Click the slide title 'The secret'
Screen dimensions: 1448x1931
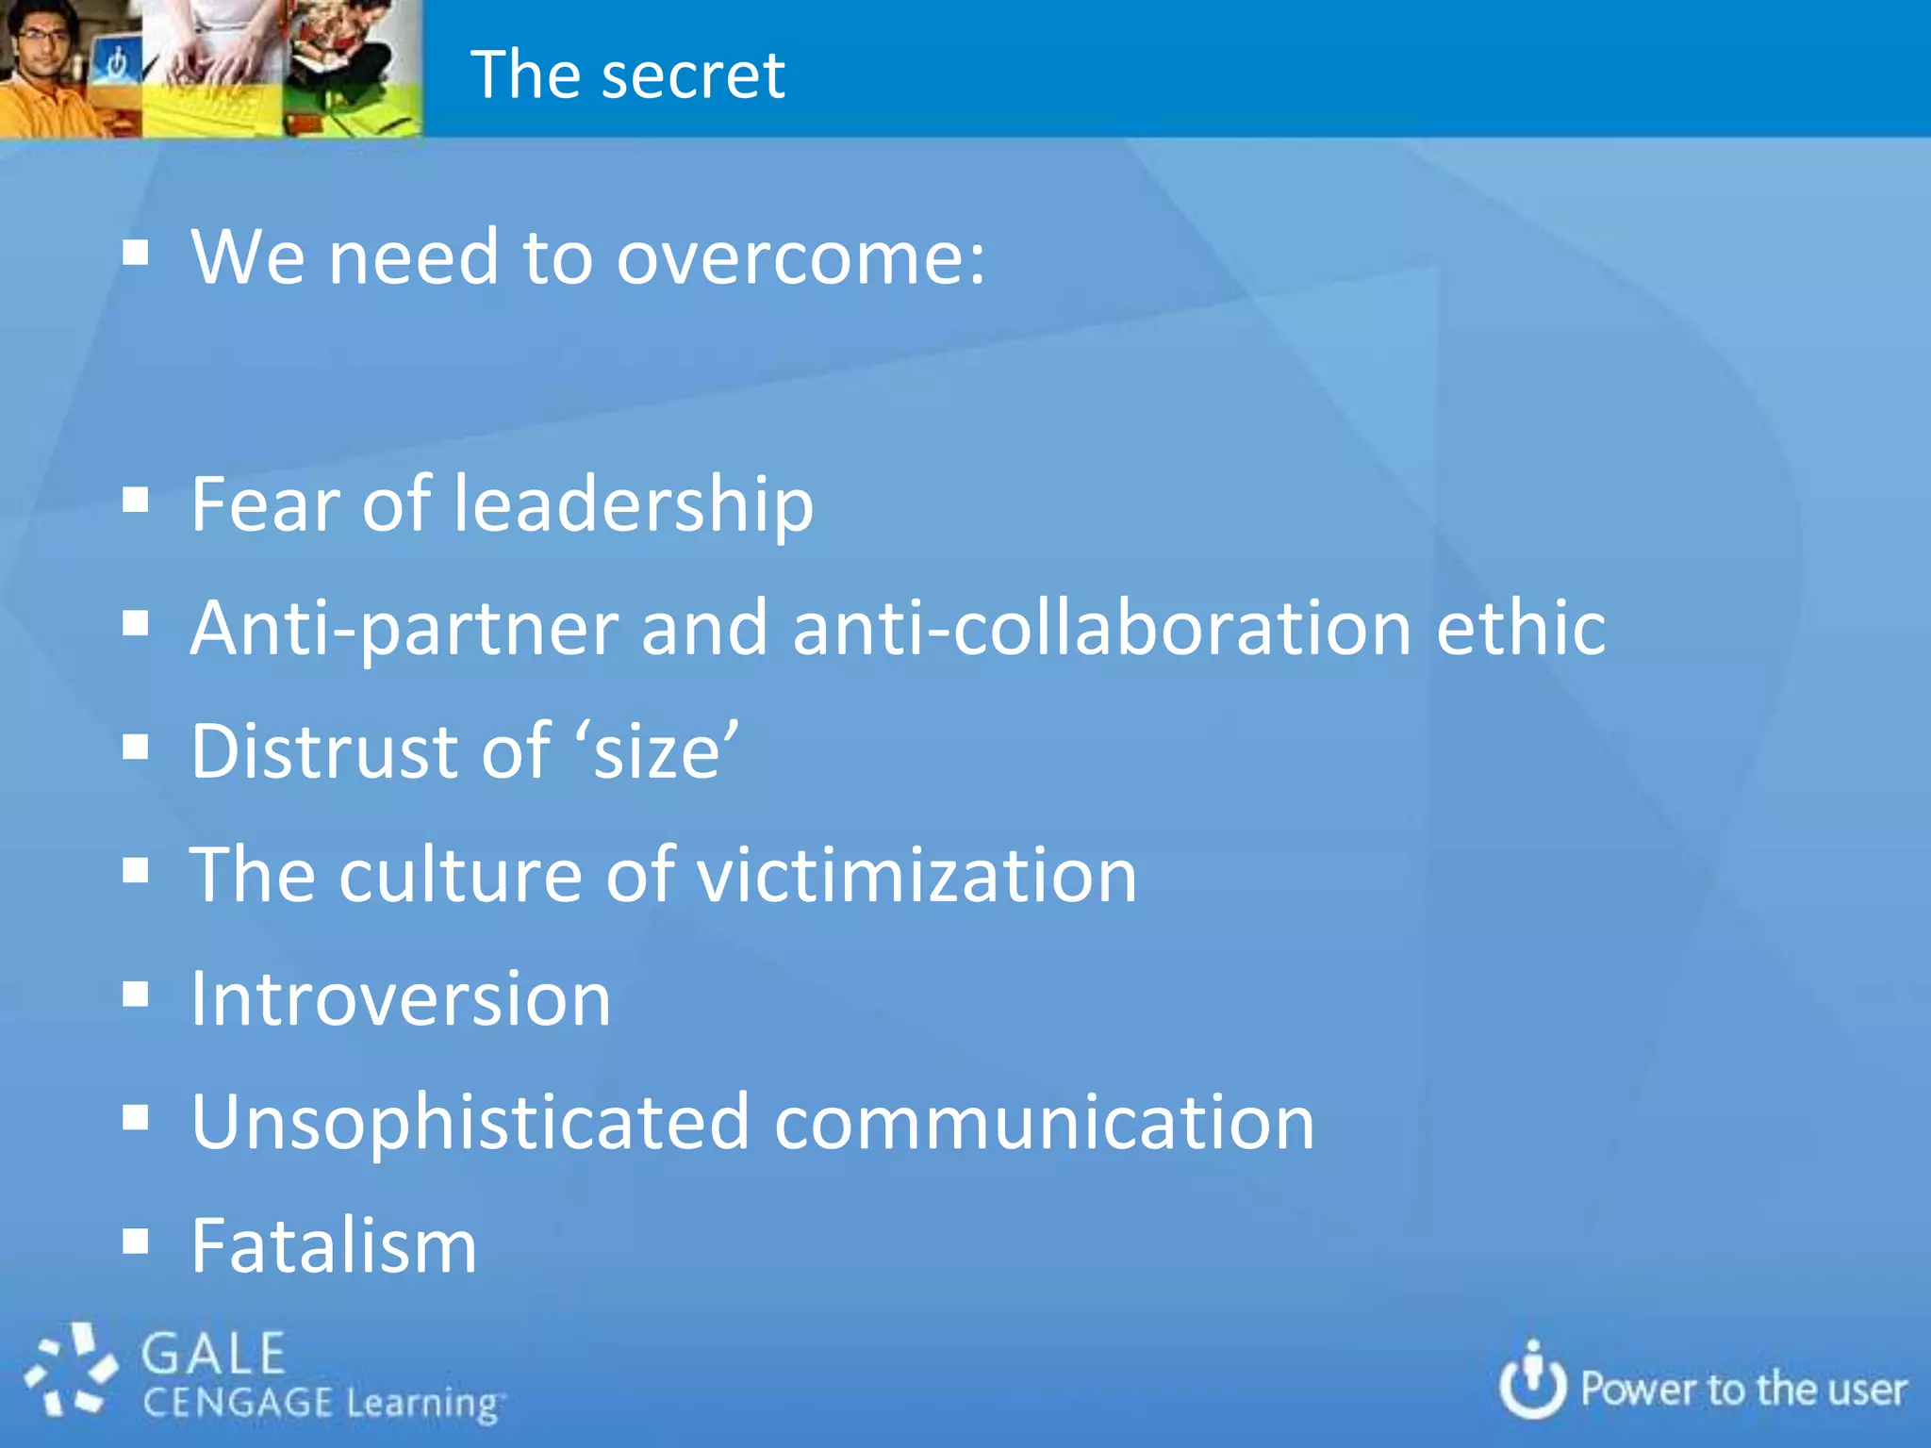tap(627, 74)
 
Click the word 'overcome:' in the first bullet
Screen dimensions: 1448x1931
tap(800, 256)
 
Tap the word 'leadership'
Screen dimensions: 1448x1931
tap(634, 504)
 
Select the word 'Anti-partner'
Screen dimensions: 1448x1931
tap(404, 629)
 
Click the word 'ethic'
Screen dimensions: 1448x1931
tap(1521, 629)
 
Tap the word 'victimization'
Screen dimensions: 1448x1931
tap(916, 876)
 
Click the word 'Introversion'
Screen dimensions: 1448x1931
tap(401, 999)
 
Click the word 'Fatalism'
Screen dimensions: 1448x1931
tap(334, 1246)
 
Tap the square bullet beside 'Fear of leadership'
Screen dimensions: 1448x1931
tap(136, 501)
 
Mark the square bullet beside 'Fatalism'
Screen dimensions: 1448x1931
tap(136, 1242)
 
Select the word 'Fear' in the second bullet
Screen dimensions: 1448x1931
tap(265, 504)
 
